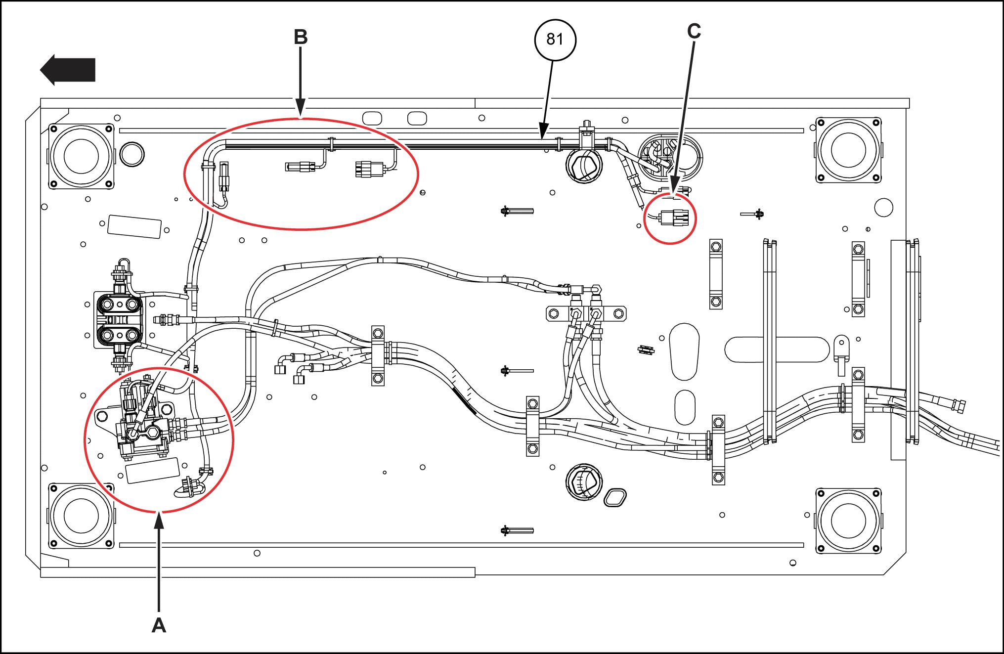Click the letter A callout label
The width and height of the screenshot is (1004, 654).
coord(159,625)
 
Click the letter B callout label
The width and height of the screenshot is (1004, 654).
coord(301,37)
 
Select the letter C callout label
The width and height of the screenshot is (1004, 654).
coord(694,31)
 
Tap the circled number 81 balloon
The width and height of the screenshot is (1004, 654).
coord(555,40)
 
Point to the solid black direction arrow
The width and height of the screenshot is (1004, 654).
coord(67,70)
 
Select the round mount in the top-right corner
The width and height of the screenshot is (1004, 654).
coord(848,149)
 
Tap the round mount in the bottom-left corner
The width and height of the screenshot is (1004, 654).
coord(81,516)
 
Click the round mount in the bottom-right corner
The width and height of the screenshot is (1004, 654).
coord(848,521)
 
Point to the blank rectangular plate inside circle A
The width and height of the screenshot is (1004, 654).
coord(153,470)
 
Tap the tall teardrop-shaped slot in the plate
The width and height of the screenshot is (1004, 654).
coord(684,351)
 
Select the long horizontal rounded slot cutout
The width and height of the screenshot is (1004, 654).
coord(777,349)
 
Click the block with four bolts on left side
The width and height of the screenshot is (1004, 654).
coord(118,319)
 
